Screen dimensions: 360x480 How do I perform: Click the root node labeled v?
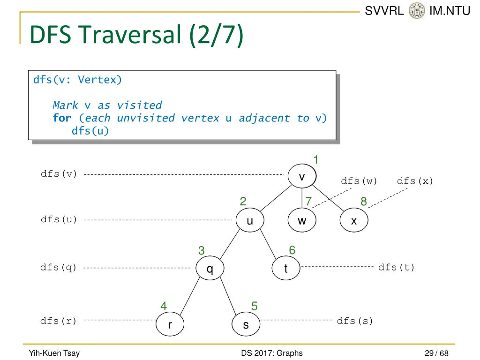pyautogui.click(x=302, y=177)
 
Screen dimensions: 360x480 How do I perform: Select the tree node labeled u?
pyautogui.click(x=250, y=220)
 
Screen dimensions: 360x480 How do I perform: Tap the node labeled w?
pyautogui.click(x=302, y=220)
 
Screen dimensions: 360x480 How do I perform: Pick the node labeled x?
pyautogui.click(x=354, y=220)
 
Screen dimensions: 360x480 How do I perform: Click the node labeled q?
pyautogui.click(x=210, y=269)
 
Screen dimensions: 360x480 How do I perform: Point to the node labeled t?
pyautogui.click(x=286, y=269)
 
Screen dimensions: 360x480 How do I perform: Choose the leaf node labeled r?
pyautogui.click(x=170, y=324)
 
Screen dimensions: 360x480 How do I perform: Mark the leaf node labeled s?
pyautogui.click(x=246, y=324)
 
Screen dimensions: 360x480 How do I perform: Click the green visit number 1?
pyautogui.click(x=316, y=160)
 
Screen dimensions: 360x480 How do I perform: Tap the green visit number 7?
pyautogui.click(x=308, y=202)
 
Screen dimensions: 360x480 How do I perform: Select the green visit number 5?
pyautogui.click(x=254, y=306)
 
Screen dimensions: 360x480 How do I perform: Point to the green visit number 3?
pyautogui.click(x=201, y=251)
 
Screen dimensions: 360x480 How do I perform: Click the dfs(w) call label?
pyautogui.click(x=359, y=181)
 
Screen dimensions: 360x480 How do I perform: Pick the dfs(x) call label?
pyautogui.click(x=415, y=181)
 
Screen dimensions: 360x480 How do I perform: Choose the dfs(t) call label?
pyautogui.click(x=397, y=268)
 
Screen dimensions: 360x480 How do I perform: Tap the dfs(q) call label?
pyautogui.click(x=59, y=268)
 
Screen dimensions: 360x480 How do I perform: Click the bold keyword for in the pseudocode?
pyautogui.click(x=62, y=118)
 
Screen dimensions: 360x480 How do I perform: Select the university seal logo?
pyautogui.click(x=416, y=10)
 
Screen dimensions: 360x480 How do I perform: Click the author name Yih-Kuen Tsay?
pyautogui.click(x=54, y=353)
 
